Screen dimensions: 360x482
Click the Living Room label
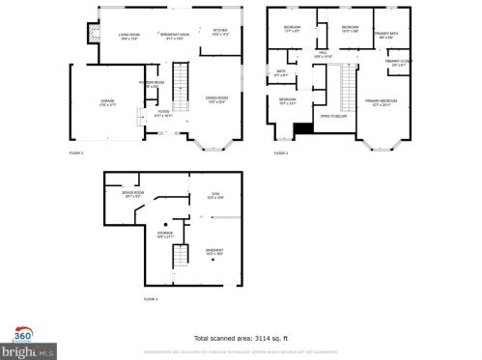tap(128, 37)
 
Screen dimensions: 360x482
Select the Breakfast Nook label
tap(174, 37)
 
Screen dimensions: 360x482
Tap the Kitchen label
tap(220, 31)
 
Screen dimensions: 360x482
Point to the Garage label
tap(106, 101)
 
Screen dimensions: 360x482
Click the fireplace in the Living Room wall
tap(93, 34)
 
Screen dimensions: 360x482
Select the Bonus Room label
tap(132, 193)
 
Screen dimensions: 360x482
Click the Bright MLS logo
tap(19, 348)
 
